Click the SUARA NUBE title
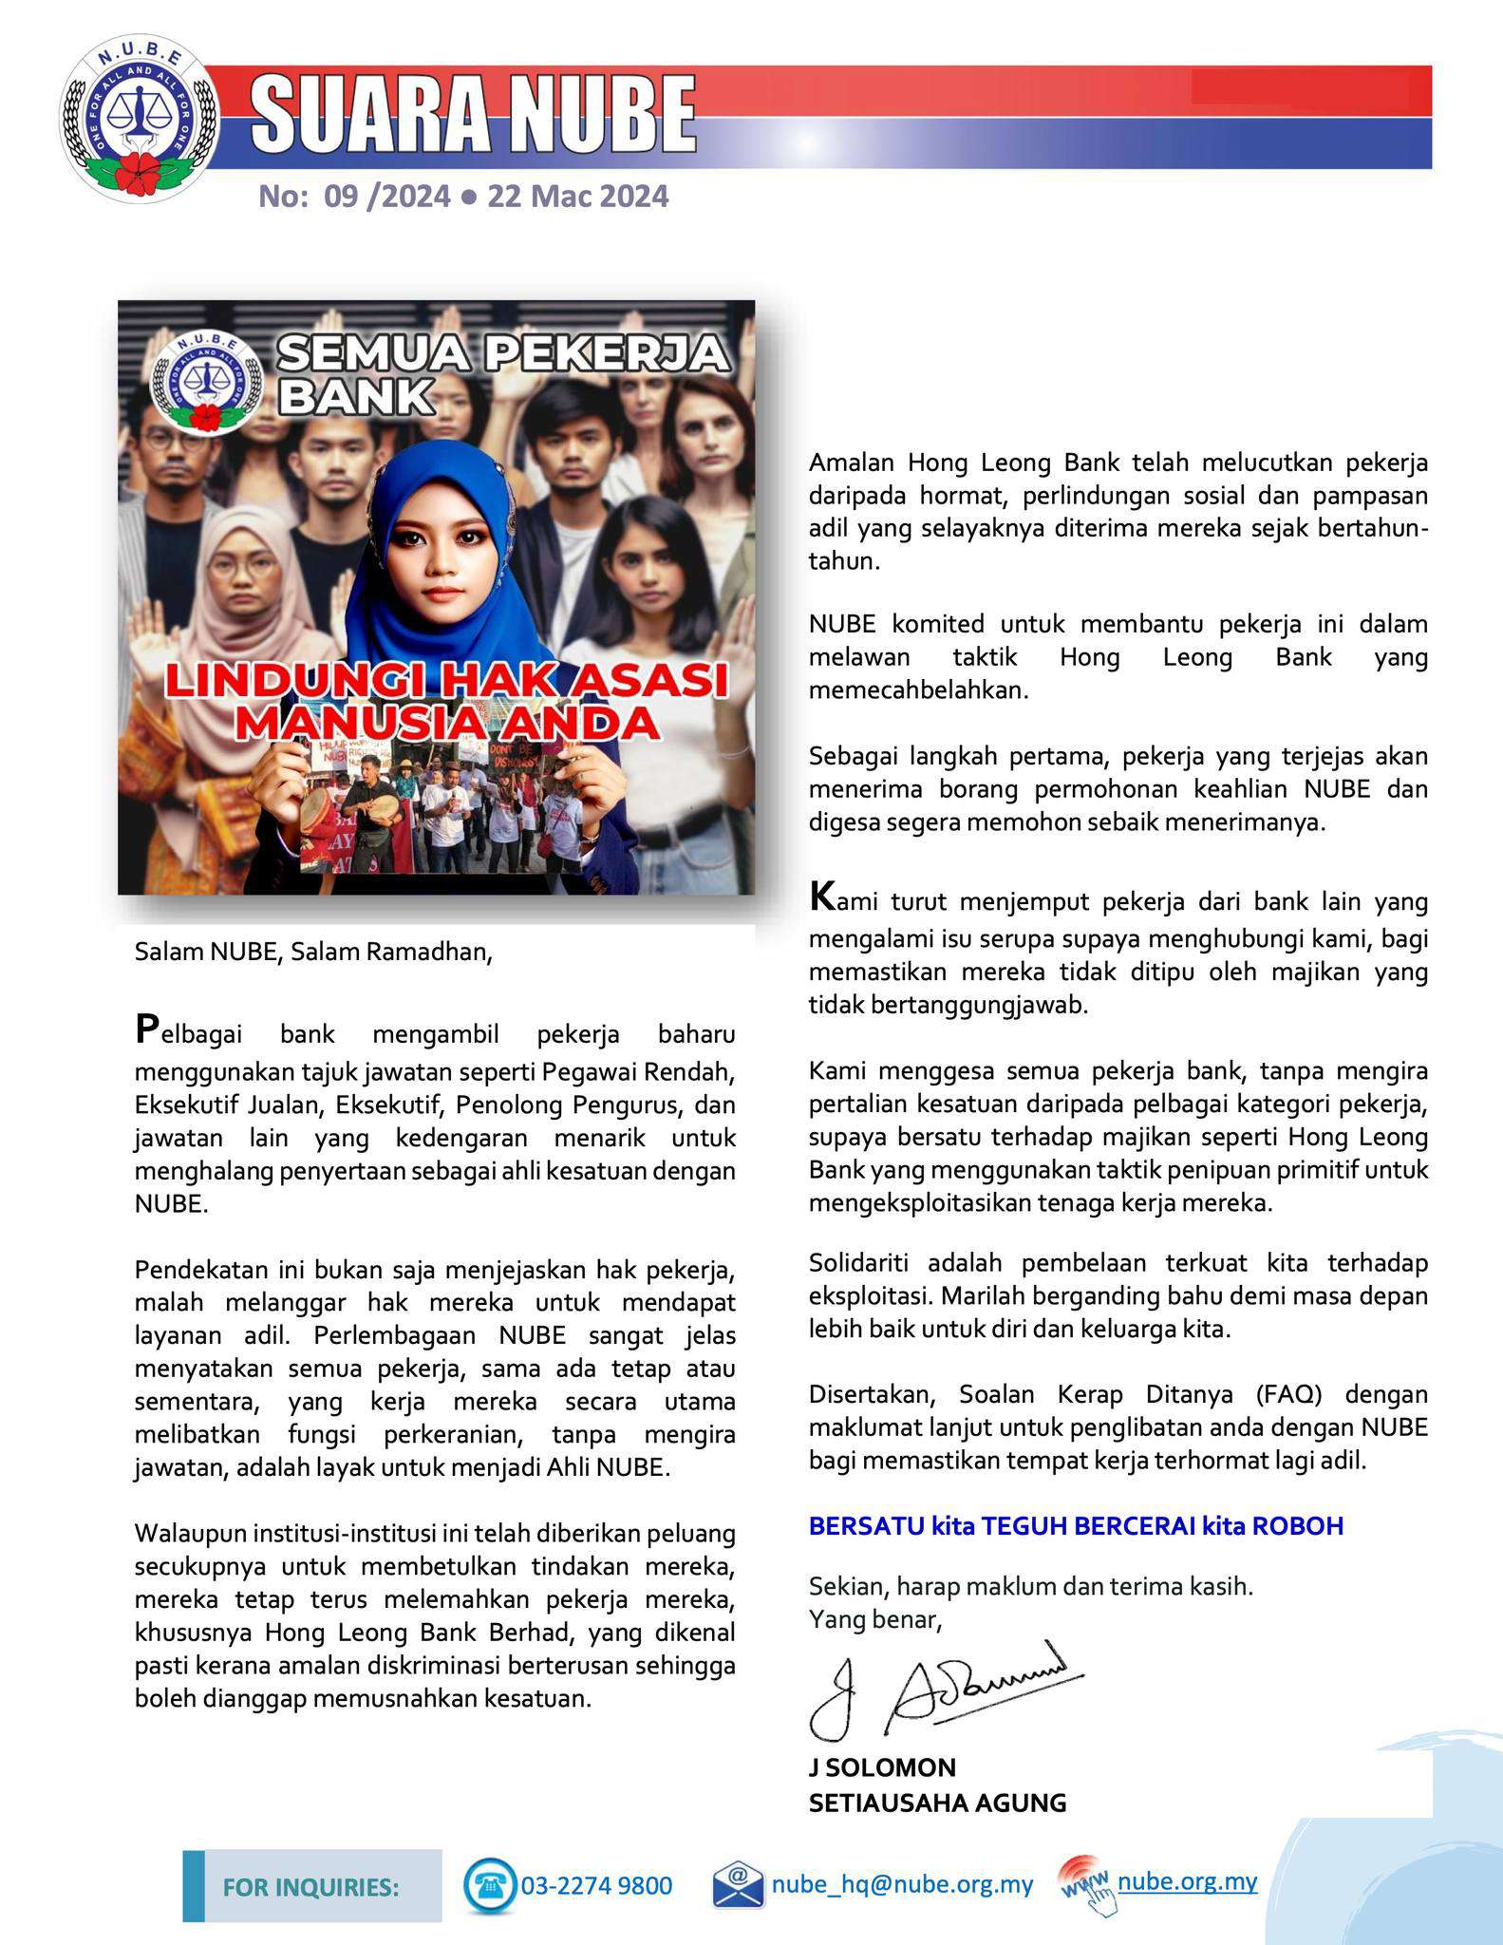pyautogui.click(x=473, y=116)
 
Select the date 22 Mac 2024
pyautogui.click(x=577, y=197)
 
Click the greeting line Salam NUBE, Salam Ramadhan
pyautogui.click(x=313, y=952)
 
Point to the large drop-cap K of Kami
pyautogui.click(x=821, y=897)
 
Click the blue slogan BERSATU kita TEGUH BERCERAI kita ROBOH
pyautogui.click(x=1076, y=1525)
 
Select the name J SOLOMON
pyautogui.click(x=882, y=1767)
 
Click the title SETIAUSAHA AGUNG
pyautogui.click(x=937, y=1802)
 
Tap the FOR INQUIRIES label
pyautogui.click(x=310, y=1886)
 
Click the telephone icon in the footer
pyautogui.click(x=490, y=1884)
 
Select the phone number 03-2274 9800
pyautogui.click(x=596, y=1885)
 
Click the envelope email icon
pyautogui.click(x=738, y=1884)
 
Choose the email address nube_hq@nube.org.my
pyautogui.click(x=902, y=1884)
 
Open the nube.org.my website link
pyautogui.click(x=1187, y=1881)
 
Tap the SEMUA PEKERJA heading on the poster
pyautogui.click(x=503, y=354)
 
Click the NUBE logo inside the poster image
pyautogui.click(x=204, y=381)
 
